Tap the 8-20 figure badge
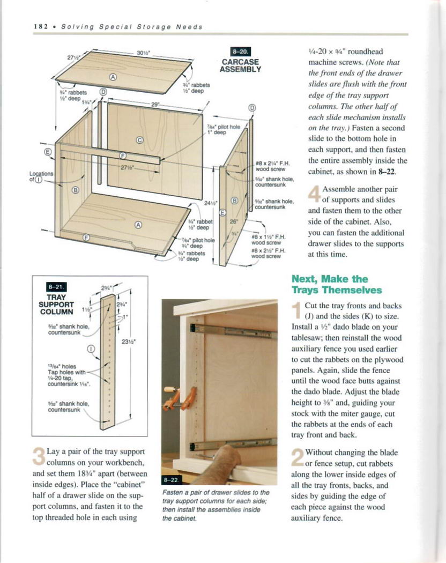click(237, 51)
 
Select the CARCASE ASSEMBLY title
click(241, 65)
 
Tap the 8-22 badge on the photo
click(170, 479)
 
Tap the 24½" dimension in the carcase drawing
click(210, 203)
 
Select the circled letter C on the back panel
click(140, 141)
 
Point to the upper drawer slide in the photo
click(236, 331)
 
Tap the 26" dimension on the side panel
click(234, 220)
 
